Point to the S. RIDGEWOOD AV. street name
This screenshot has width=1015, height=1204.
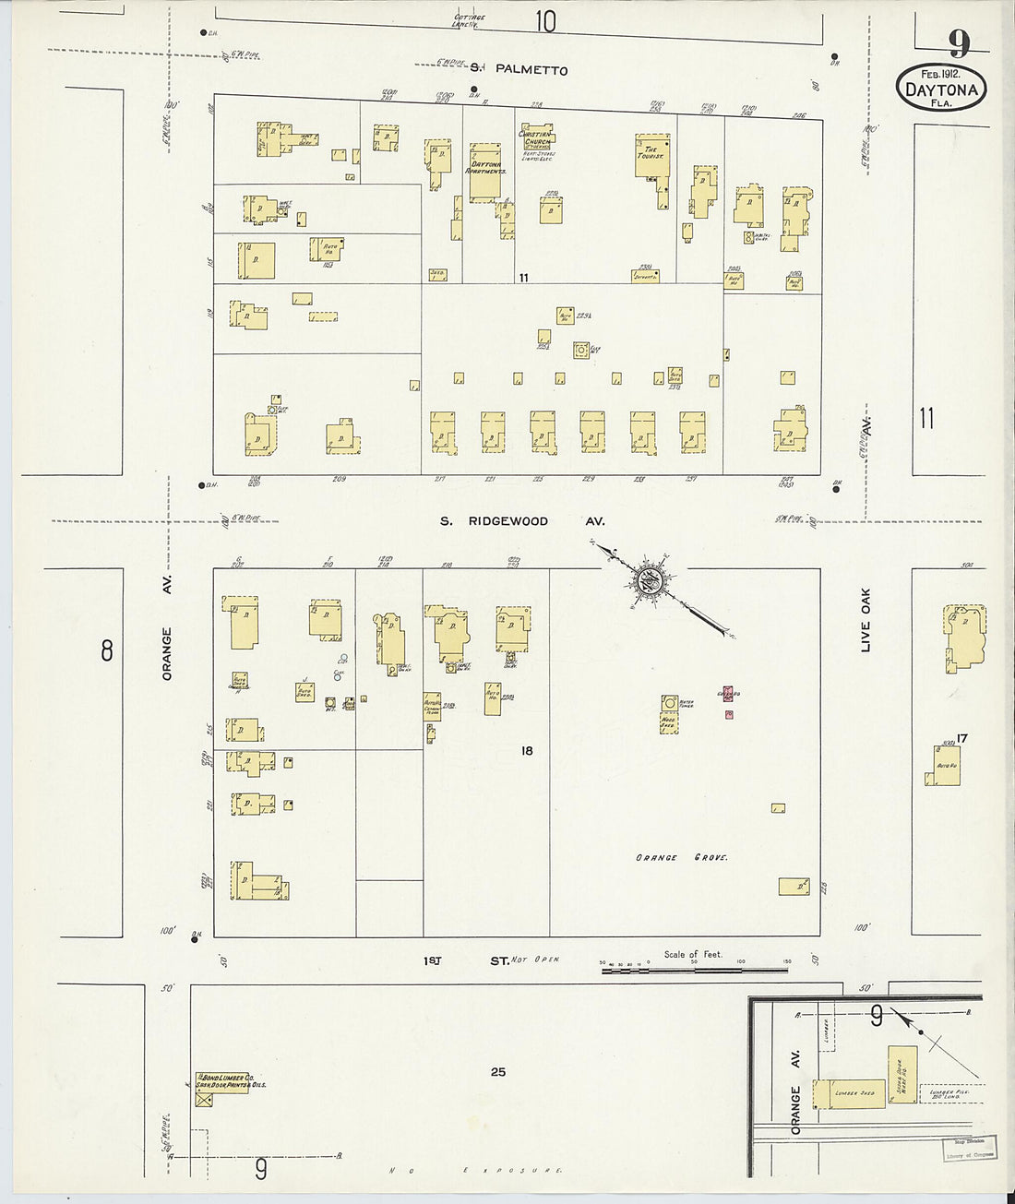[521, 521]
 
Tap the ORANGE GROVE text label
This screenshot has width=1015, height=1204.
[681, 858]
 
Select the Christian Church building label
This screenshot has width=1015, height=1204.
[535, 137]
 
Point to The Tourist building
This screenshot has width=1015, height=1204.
[651, 157]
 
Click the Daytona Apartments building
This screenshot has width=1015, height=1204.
[485, 171]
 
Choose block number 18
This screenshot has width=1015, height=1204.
[526, 751]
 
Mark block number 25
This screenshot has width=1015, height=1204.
[498, 1072]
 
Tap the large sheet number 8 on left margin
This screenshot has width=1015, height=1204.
[107, 652]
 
